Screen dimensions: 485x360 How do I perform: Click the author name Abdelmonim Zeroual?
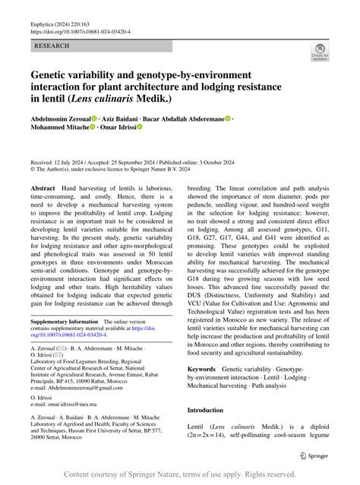(x=60, y=120)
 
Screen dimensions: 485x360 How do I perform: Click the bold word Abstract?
(x=43, y=187)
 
